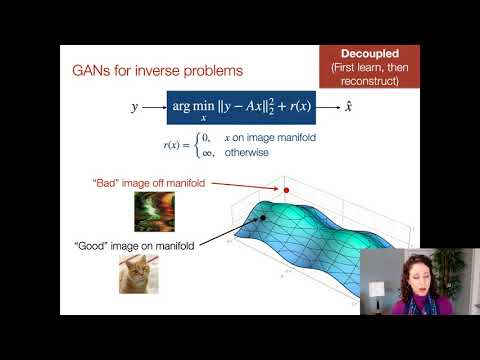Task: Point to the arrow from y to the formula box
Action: (x=152, y=105)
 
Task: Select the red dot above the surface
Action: (x=287, y=189)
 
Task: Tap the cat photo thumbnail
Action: (x=140, y=272)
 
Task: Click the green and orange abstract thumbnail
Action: (x=153, y=211)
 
